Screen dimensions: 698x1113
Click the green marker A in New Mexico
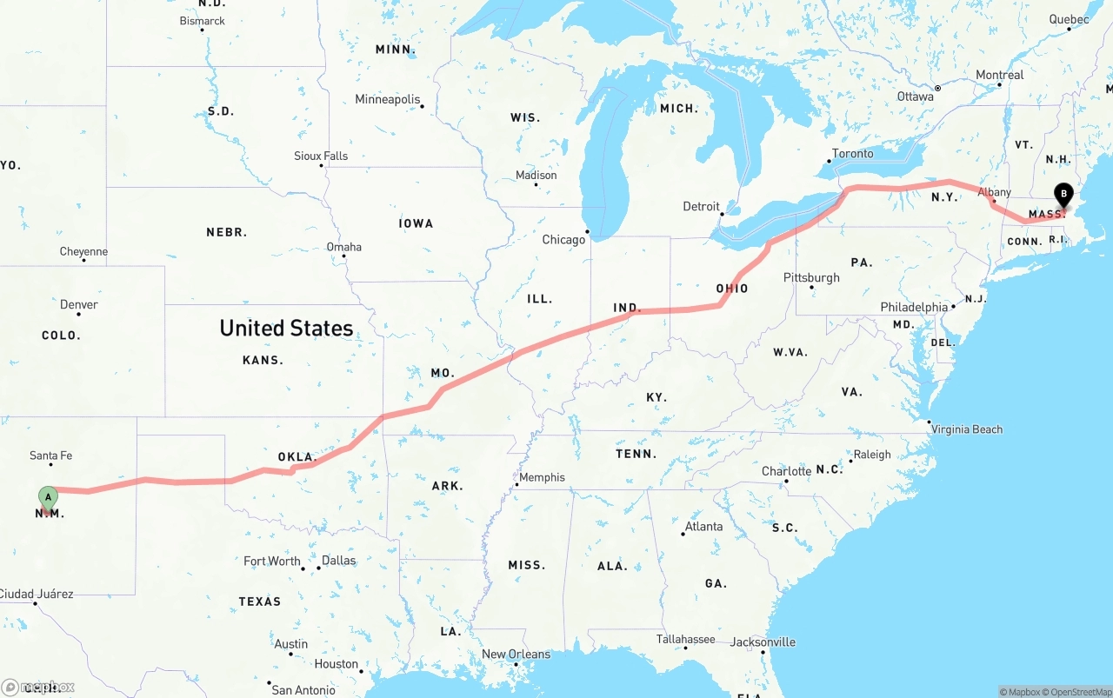point(49,497)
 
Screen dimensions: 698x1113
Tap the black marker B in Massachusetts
point(1063,194)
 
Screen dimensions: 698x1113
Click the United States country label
point(286,328)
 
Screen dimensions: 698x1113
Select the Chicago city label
point(563,239)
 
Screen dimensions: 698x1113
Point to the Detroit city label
point(701,206)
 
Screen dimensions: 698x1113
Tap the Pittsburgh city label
point(811,277)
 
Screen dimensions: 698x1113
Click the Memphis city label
point(542,477)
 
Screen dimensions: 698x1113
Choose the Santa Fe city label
point(50,455)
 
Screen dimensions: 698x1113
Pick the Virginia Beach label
point(966,429)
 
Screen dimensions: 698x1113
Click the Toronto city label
point(852,154)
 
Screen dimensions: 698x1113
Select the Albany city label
point(994,192)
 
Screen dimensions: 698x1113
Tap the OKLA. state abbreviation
point(297,456)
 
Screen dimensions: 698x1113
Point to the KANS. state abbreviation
point(263,360)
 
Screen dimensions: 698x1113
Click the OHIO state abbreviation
point(732,288)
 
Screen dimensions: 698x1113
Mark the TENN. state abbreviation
point(636,454)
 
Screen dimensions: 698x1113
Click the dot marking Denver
point(79,316)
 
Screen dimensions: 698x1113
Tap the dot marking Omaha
point(344,256)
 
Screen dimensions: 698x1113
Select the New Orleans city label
point(516,654)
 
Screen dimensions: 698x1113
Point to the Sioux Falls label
point(321,156)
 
